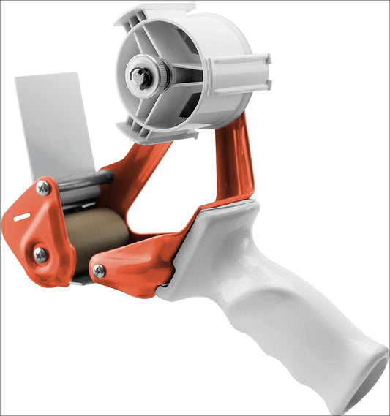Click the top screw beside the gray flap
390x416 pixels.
click(43, 188)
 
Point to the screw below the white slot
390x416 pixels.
click(40, 254)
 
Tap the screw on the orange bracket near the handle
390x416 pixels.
click(99, 271)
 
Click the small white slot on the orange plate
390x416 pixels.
click(22, 217)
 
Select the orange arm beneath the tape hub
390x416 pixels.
click(233, 161)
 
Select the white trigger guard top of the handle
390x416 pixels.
click(220, 219)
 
